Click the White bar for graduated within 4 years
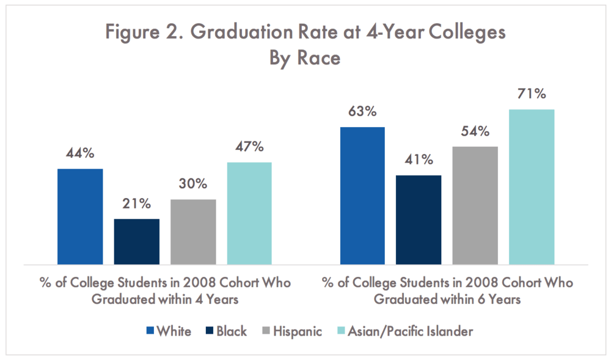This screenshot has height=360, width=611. tap(80, 216)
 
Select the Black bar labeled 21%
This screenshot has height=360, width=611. tap(136, 241)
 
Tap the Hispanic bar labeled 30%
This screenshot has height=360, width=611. tap(193, 232)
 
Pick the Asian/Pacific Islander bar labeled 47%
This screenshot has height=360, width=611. tap(249, 213)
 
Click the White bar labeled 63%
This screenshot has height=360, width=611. tap(362, 196)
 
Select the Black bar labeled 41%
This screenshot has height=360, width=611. tap(419, 219)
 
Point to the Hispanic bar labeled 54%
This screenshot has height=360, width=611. tap(475, 205)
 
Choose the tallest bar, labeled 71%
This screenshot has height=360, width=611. tap(532, 186)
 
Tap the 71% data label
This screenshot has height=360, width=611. tap(532, 95)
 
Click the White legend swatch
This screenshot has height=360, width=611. tap(150, 331)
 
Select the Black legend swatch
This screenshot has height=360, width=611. tap(209, 331)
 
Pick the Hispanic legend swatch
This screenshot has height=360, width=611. tap(266, 331)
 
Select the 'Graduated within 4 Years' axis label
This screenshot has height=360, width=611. tap(162, 299)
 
